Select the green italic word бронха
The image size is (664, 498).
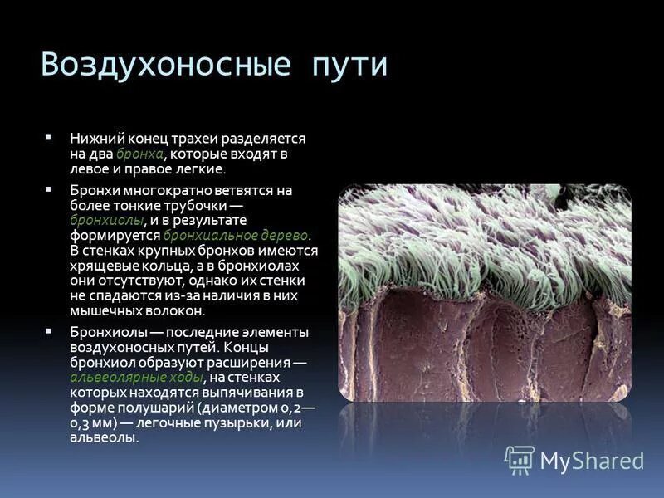click(x=139, y=154)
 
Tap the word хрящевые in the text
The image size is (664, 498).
click(x=100, y=266)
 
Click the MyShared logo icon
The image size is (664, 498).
click(x=519, y=459)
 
